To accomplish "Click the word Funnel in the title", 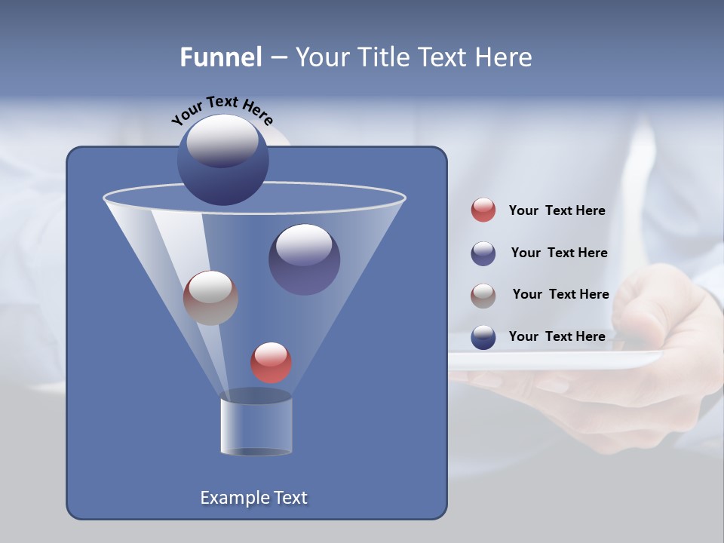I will coord(220,57).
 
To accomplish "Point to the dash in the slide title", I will coord(278,58).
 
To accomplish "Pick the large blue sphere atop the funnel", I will coord(223,160).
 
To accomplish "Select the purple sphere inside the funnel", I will coord(305,259).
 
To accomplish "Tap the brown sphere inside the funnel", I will coord(210,298).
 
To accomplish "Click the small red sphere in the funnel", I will coord(271,362).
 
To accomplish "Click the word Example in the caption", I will coord(229,498).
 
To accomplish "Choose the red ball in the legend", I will coord(483,210).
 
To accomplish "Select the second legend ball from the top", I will coord(483,253).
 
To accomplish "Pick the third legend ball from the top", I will coord(483,296).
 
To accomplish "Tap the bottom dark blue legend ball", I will coord(483,337).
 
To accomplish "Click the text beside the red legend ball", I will coord(557,210).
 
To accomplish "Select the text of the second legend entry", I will coord(559,253).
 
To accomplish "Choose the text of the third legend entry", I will coord(560,294).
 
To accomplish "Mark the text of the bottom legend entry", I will coord(557,336).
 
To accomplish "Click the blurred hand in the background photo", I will coord(664,317).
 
